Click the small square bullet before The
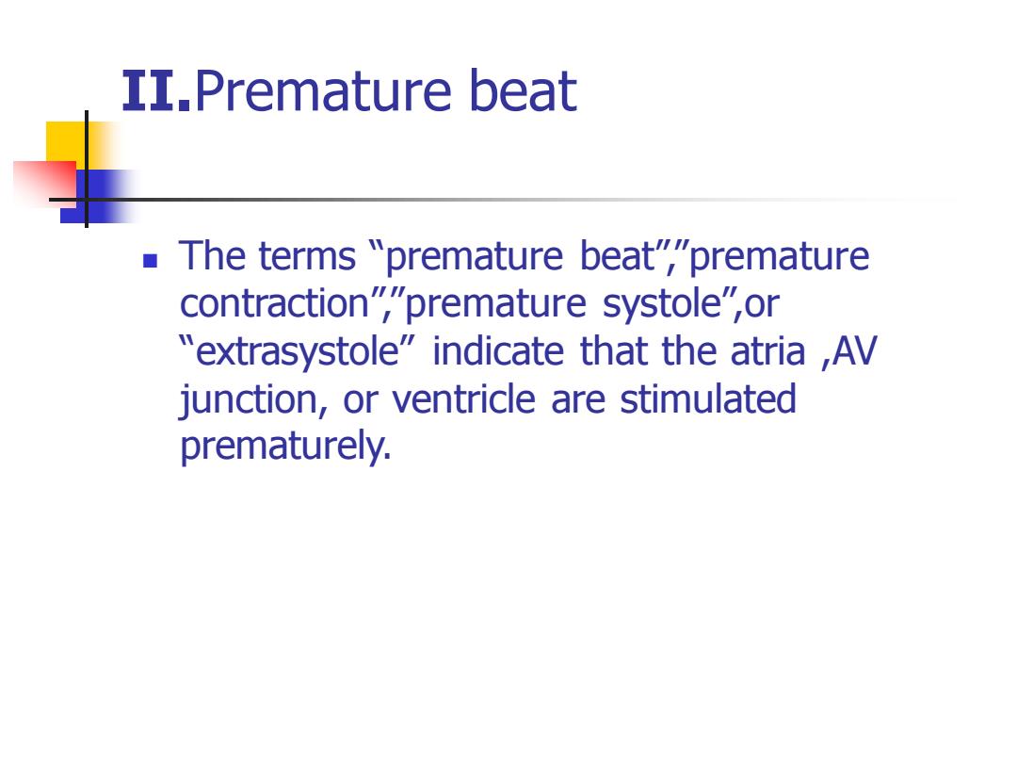tap(150, 261)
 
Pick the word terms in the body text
tap(307, 255)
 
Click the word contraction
tap(274, 303)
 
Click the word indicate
tap(498, 351)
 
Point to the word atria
tap(767, 351)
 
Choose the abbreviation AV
tap(854, 351)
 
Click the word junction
tap(249, 399)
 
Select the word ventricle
tap(463, 399)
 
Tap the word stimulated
tap(708, 399)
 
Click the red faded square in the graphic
tap(45, 185)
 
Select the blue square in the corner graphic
tap(97, 197)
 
